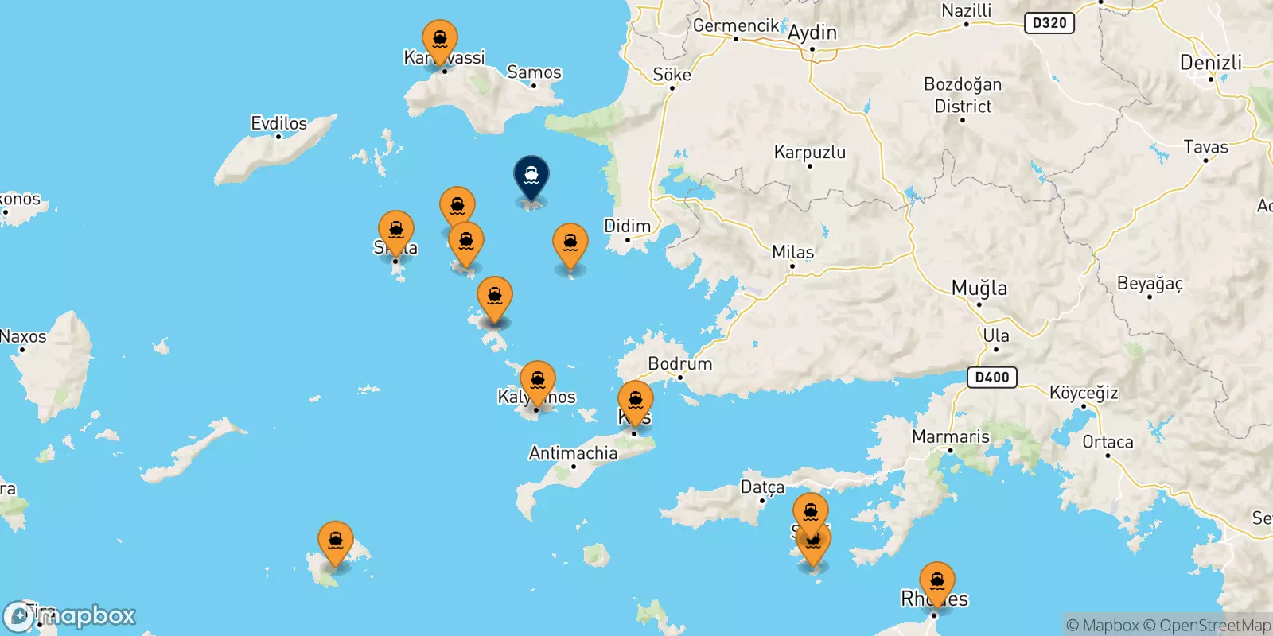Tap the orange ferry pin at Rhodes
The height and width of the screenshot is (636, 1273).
[937, 580]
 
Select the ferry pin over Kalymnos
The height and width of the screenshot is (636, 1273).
[538, 379]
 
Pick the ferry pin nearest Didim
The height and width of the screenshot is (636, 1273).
[570, 244]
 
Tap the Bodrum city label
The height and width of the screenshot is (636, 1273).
[679, 364]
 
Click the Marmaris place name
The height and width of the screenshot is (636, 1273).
[950, 436]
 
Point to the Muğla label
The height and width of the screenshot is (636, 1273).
[979, 288]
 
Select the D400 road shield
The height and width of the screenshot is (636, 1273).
[992, 377]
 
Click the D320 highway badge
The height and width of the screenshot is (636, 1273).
[1049, 23]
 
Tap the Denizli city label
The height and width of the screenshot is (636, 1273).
[1210, 63]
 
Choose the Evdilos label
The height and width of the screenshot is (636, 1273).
[278, 123]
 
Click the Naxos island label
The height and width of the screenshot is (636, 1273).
[23, 336]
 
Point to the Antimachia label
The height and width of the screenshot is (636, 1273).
[573, 453]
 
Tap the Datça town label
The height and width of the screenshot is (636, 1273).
[762, 487]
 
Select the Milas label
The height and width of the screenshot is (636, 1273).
[792, 252]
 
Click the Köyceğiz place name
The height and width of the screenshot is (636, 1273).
[1083, 393]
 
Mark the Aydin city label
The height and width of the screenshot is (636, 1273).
[812, 33]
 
